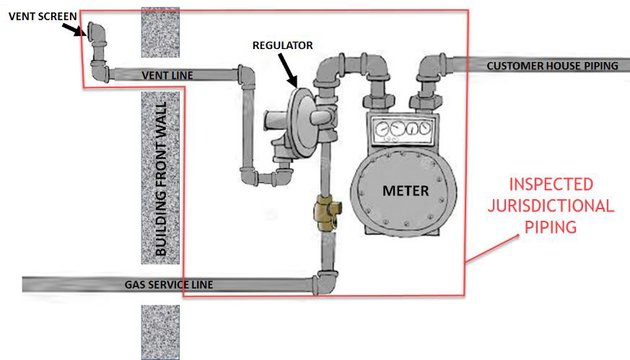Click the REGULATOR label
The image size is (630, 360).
point(282,45)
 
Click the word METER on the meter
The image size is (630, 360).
point(405,191)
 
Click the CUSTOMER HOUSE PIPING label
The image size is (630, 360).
point(552,66)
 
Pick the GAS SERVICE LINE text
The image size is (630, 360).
point(169,285)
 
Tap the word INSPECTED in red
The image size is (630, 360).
point(558,185)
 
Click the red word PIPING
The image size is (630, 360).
point(558,227)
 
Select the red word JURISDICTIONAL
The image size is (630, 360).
point(558,206)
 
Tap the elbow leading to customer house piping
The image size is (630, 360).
point(430,67)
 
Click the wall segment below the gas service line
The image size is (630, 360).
point(159,331)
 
